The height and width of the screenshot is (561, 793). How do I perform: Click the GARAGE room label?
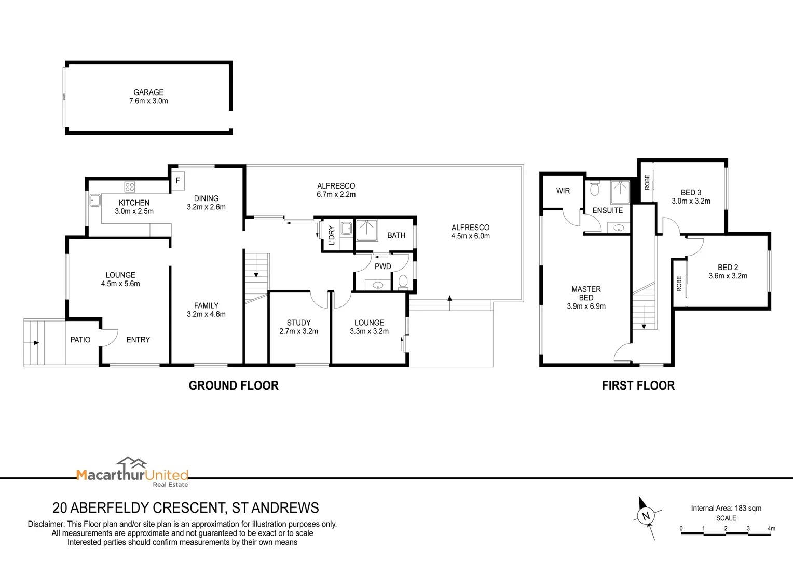pos(148,92)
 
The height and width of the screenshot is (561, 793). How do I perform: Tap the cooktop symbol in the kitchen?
pos(130,186)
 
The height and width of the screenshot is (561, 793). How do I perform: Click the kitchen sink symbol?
pos(94,200)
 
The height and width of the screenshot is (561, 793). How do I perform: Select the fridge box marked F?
pos(178,180)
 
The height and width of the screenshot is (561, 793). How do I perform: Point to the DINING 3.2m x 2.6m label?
pos(206,203)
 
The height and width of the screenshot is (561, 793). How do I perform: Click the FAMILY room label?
pos(206,305)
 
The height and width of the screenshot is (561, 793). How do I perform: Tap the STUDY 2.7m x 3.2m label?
pos(298,327)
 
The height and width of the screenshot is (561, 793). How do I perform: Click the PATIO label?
pos(80,340)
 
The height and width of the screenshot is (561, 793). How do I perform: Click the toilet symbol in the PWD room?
pos(403,283)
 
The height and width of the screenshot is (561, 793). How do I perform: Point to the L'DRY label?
pos(332,235)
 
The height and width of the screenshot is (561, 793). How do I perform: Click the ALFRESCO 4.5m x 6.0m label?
pos(470,232)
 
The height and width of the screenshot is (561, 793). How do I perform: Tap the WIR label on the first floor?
pos(563,191)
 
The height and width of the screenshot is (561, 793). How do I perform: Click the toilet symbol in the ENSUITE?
pos(595,189)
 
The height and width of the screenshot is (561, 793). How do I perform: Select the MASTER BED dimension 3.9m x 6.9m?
pos(586,306)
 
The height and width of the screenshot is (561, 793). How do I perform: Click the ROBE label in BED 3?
pos(647,182)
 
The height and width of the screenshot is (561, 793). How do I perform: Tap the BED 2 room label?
pos(728,267)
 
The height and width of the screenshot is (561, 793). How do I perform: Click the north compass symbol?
pos(646,516)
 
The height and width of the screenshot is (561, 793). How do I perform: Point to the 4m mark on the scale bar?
pos(771,529)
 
